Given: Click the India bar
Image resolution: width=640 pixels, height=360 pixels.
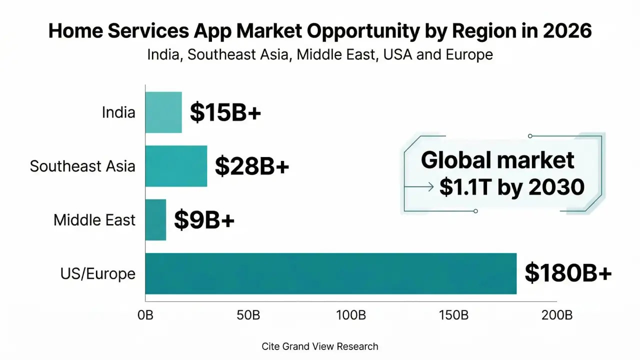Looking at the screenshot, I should (163, 112).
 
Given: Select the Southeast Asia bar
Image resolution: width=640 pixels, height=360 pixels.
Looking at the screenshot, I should (176, 166).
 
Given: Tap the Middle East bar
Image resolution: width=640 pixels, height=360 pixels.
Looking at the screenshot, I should (155, 220).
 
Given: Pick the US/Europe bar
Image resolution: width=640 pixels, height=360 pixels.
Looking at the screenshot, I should (330, 273).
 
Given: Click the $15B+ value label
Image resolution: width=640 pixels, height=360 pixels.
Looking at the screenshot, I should (225, 113).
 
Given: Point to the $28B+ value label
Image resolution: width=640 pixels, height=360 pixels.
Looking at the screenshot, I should (252, 166).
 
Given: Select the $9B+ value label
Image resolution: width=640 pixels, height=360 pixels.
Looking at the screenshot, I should (204, 220).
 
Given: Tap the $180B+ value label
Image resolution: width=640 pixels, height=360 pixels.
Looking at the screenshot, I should (568, 273).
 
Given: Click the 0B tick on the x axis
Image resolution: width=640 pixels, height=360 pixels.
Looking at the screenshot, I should (145, 315).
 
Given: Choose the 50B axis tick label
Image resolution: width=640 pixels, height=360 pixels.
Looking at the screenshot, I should (248, 315).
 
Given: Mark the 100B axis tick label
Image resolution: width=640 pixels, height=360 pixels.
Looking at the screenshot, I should (351, 315).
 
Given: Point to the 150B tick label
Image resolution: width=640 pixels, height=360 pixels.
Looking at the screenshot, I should (454, 315).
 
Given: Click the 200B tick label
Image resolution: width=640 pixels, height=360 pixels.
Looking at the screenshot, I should (557, 315).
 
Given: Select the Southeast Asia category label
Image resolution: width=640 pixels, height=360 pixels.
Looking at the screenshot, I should (82, 166).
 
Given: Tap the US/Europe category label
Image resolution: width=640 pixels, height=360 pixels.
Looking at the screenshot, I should (98, 273).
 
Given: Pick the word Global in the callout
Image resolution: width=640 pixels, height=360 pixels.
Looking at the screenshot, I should (453, 160).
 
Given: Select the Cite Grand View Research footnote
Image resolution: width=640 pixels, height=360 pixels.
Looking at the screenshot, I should (320, 346).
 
